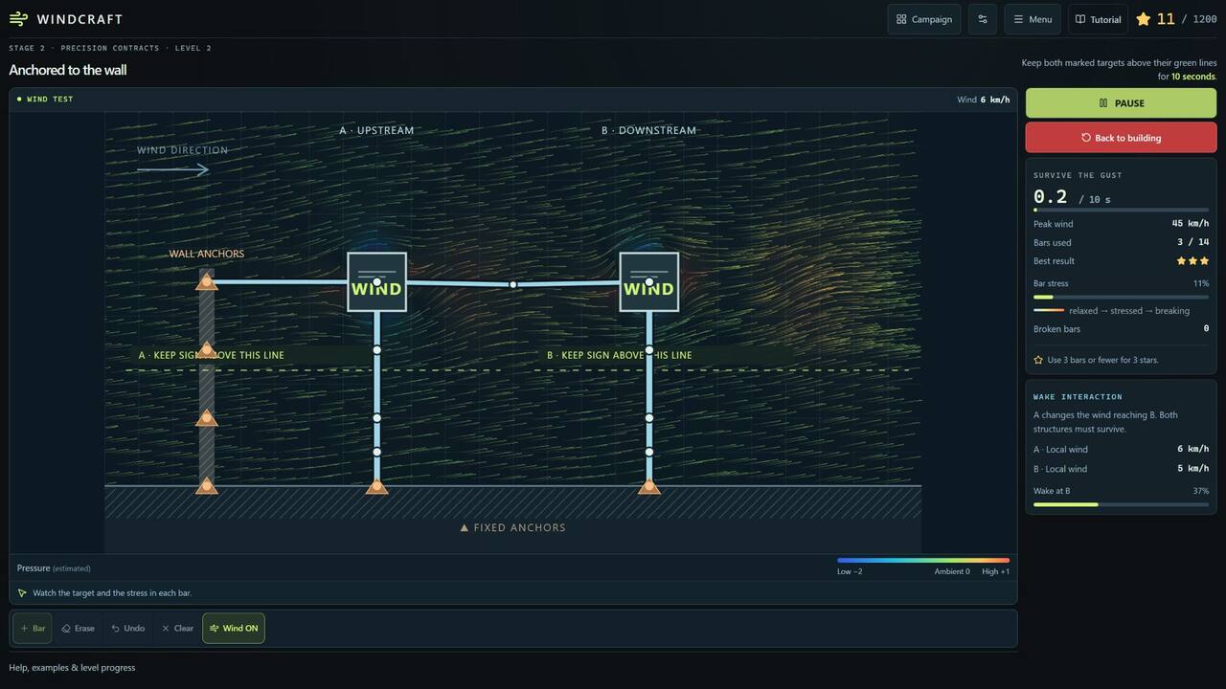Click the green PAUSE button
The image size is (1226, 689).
tap(1121, 102)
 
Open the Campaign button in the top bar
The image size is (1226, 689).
tap(924, 20)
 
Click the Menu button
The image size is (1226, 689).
tap(1033, 20)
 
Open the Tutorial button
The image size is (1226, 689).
tap(1098, 20)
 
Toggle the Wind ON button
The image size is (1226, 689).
tap(234, 629)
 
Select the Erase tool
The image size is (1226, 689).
tap(78, 629)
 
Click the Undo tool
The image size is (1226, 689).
tap(128, 629)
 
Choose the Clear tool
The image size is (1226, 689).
tap(177, 629)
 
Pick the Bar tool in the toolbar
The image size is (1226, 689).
tap(33, 629)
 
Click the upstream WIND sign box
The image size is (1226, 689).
tap(376, 282)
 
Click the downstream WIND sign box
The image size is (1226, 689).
tap(649, 282)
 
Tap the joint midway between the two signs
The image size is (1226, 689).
tap(512, 285)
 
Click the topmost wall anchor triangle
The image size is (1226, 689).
tap(206, 282)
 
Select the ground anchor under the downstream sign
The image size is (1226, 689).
tap(649, 486)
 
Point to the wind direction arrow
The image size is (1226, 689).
tap(173, 169)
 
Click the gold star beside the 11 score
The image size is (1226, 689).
tap(1143, 19)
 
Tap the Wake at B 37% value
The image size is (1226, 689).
tap(1201, 491)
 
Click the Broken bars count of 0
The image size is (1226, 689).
tap(1206, 328)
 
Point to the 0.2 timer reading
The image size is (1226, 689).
tap(1051, 196)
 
